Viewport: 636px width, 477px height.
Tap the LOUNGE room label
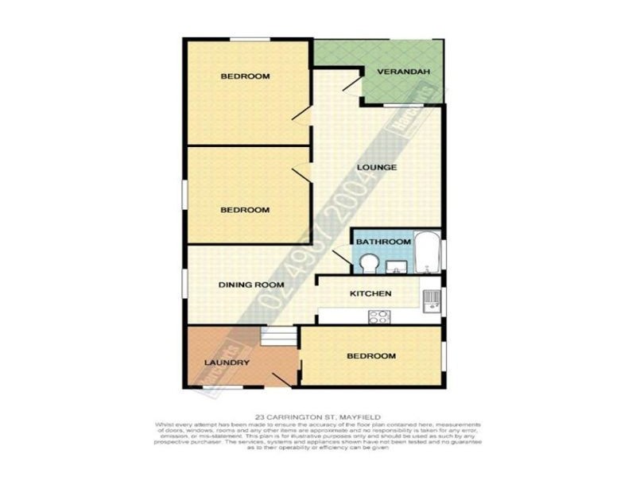click(377, 167)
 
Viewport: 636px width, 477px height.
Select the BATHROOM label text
click(382, 241)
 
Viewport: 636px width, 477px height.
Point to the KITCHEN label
click(371, 294)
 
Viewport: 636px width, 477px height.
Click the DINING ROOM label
click(251, 285)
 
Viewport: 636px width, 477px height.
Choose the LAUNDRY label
click(227, 363)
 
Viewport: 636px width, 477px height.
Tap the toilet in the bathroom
click(368, 262)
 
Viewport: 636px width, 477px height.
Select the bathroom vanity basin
click(397, 264)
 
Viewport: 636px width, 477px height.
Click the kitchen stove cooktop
click(378, 316)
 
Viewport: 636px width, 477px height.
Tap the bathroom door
click(342, 259)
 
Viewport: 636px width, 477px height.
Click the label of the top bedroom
click(244, 76)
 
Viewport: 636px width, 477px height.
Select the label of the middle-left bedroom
click(244, 210)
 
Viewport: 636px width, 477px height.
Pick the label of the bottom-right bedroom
click(371, 355)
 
